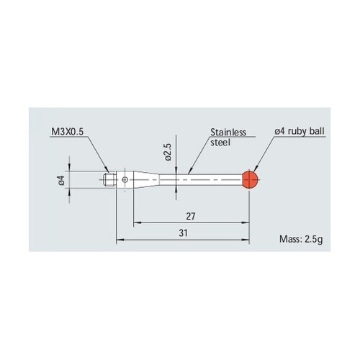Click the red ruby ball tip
250,179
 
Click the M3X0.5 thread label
68,132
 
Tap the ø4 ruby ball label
300,131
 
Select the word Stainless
228,132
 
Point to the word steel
220,143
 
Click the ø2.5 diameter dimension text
168,152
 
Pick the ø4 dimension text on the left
62,180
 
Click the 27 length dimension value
191,217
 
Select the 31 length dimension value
183,233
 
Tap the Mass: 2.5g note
301,239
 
